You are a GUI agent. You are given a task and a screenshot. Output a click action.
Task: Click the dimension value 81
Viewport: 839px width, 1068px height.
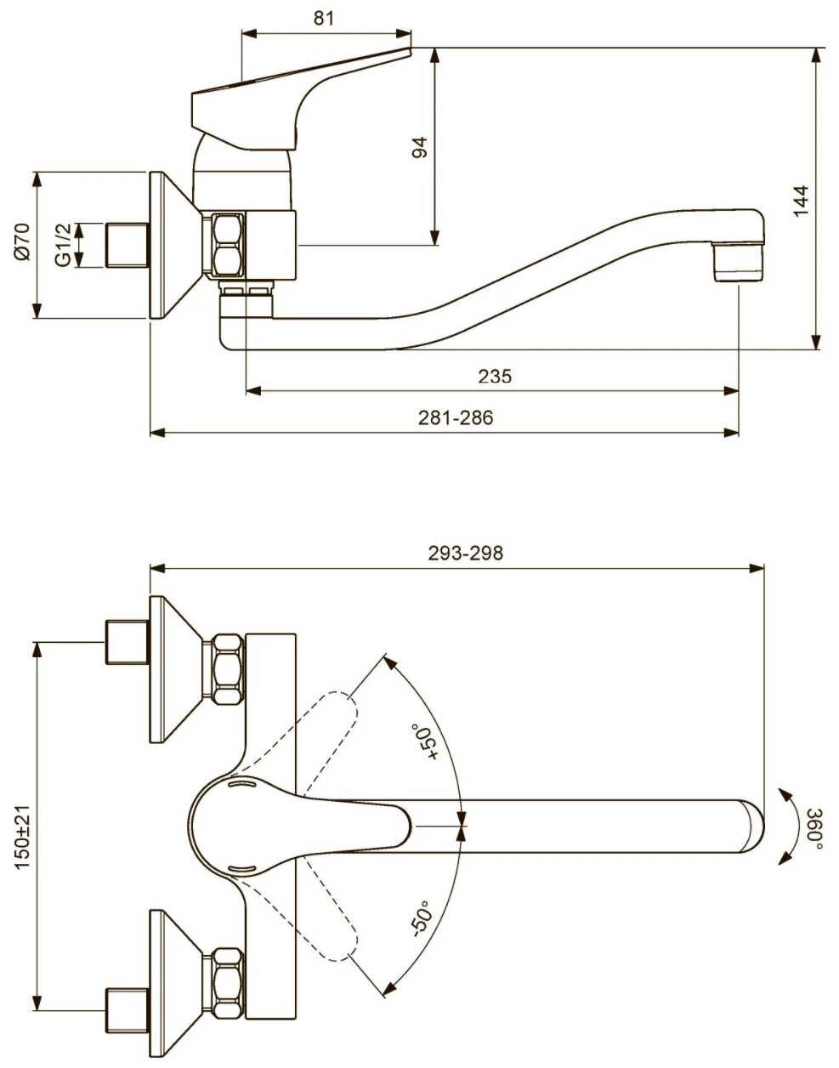[323, 18]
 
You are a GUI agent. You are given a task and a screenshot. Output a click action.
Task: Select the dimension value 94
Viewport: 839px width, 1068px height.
[420, 147]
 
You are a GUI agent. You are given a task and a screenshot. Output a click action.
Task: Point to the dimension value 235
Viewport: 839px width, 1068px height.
[495, 376]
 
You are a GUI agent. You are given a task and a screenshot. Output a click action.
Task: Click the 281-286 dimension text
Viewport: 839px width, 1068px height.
[456, 418]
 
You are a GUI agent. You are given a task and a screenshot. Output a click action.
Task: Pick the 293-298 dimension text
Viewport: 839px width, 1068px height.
[466, 554]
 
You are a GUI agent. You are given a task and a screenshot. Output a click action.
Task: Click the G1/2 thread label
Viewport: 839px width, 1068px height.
[63, 245]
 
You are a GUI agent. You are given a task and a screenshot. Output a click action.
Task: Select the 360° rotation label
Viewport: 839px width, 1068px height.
[815, 829]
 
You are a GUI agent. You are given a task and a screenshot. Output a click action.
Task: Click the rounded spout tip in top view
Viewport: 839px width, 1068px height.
[751, 827]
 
